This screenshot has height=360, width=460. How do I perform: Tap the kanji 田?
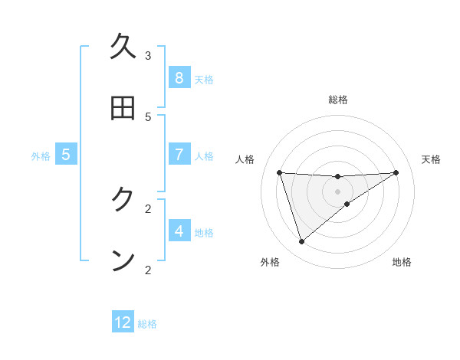tap(123, 108)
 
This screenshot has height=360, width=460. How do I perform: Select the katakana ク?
tap(123, 200)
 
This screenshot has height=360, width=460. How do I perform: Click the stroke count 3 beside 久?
tap(148, 55)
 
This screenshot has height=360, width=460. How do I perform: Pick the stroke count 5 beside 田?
tap(148, 116)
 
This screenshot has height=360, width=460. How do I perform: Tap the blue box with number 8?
tap(179, 77)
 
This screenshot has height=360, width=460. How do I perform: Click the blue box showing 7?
tap(179, 154)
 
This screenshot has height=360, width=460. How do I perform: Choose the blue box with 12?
tap(123, 322)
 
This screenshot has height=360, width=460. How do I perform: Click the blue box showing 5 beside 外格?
tap(66, 154)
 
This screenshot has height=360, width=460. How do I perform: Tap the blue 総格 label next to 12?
tap(147, 324)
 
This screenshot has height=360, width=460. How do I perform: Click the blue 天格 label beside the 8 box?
tap(204, 79)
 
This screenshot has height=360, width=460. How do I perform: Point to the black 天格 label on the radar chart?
tap(431, 159)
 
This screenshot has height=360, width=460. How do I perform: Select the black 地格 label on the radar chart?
tap(402, 262)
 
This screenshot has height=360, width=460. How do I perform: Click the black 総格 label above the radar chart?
tap(337, 100)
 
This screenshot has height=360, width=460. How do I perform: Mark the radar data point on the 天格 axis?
tap(396, 172)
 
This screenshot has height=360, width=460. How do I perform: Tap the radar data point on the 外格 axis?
tap(301, 242)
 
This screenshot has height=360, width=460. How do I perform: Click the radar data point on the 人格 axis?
tap(279, 172)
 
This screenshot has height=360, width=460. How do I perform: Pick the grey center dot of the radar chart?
tap(337, 191)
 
